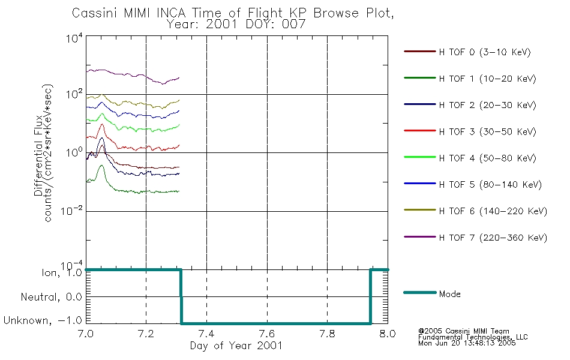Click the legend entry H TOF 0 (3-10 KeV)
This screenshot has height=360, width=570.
point(467,52)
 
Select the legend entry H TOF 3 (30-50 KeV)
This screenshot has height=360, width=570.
point(470,131)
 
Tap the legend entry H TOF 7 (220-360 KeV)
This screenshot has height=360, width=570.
point(475,238)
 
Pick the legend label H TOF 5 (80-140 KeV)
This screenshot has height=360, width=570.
point(490,185)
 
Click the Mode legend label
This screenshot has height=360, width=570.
point(449,294)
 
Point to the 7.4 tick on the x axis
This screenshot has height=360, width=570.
point(206,334)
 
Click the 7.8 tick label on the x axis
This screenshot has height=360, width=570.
point(327,334)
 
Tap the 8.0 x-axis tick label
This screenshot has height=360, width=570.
point(388,334)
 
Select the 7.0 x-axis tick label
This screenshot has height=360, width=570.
point(86,334)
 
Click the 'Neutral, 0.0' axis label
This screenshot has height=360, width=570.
point(51,297)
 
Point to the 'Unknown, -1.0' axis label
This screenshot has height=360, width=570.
point(43,320)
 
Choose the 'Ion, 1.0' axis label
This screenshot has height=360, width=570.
point(62,272)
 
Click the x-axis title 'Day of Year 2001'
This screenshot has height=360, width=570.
point(236,346)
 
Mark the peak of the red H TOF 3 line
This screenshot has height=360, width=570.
point(102,124)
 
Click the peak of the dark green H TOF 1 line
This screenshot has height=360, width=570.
point(102,166)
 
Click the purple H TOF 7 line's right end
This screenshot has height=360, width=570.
point(179,77)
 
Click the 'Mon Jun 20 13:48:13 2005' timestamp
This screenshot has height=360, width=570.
point(467,343)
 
